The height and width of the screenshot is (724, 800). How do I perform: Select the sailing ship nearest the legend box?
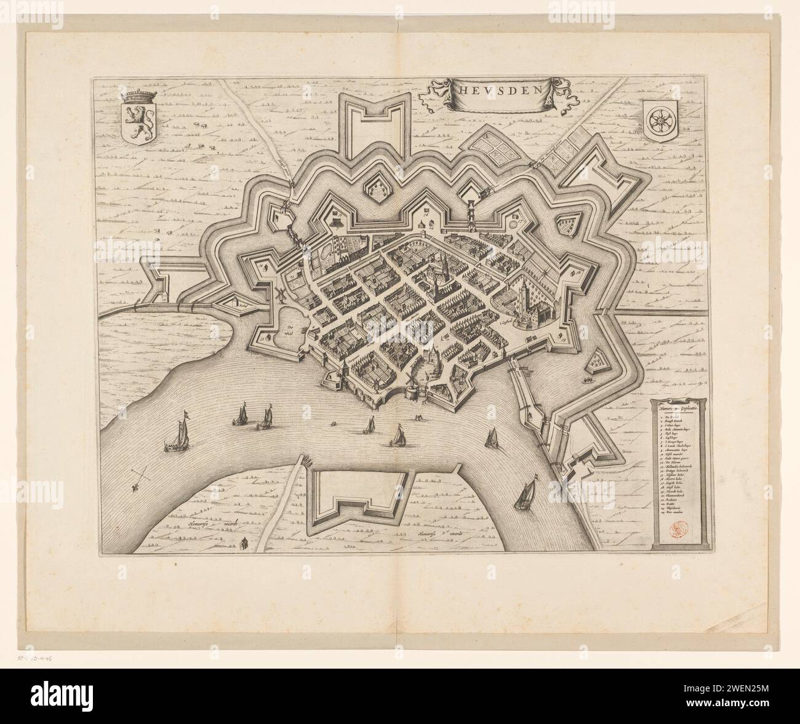tap(527, 494)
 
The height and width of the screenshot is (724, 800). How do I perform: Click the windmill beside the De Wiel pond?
tap(280, 295)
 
